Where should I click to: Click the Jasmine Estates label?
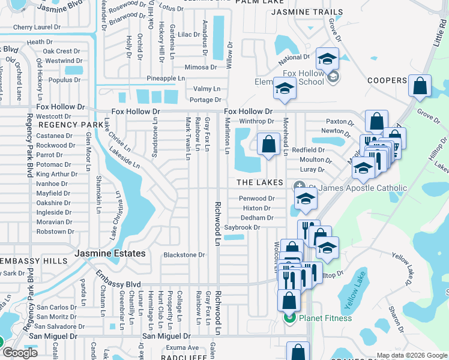point(110,254)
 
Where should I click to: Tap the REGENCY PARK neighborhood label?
point(71,125)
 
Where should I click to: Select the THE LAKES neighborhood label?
point(259,182)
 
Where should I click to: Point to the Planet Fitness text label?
point(326,318)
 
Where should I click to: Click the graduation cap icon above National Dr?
point(327,59)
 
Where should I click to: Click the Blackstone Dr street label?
point(184,255)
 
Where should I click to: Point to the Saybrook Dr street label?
point(243,228)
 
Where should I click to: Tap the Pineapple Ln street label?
point(166,79)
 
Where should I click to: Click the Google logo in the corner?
point(20,353)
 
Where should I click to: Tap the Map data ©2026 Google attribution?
point(411,355)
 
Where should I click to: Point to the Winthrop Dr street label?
point(253,121)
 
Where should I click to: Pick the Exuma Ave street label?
point(182,347)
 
